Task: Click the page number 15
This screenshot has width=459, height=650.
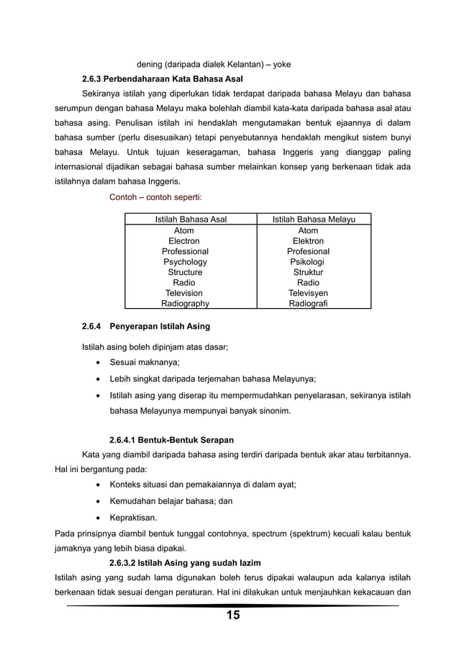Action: [x=233, y=615]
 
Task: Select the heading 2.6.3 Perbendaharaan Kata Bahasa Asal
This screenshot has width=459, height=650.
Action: [x=163, y=78]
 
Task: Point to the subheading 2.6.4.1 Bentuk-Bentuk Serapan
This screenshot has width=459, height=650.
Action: [x=171, y=439]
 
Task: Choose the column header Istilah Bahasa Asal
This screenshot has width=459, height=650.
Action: [x=191, y=220]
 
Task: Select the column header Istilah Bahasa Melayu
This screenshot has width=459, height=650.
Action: [x=313, y=220]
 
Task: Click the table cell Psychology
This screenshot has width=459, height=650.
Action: [x=185, y=262]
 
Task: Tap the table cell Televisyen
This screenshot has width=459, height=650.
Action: [x=308, y=294]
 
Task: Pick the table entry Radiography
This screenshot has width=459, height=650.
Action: [x=185, y=304]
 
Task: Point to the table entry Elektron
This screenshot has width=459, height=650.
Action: [x=308, y=241]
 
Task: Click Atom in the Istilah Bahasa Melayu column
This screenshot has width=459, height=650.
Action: [x=308, y=230]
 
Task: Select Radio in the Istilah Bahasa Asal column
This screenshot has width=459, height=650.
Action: [x=185, y=283]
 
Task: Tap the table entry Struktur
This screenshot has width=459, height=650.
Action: [x=308, y=273]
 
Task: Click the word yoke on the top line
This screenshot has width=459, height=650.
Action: [x=278, y=63]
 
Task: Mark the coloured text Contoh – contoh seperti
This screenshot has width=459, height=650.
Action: [x=155, y=197]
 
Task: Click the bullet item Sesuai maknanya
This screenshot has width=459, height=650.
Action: [x=144, y=361]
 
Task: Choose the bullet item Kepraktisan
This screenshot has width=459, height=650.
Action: [x=133, y=517]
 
